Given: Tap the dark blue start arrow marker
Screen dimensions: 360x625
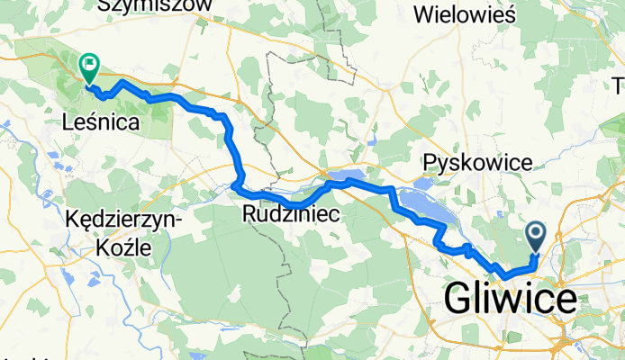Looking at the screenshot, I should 534,238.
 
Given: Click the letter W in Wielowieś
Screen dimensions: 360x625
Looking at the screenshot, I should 422,14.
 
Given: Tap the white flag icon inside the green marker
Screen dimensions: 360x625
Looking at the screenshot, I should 90,63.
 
